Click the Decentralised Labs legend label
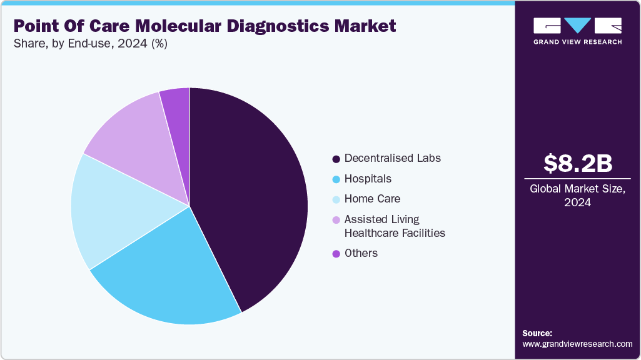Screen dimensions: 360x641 [392, 158]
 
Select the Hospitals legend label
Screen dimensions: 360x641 [368, 179]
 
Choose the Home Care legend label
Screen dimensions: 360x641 [372, 199]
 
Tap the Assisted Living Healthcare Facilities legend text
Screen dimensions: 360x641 [394, 226]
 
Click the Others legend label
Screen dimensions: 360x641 [361, 253]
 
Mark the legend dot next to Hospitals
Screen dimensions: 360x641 [336, 179]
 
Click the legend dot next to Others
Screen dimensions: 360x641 [336, 254]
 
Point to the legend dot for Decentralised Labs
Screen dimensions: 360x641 [336, 159]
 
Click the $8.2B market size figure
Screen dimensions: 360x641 [577, 164]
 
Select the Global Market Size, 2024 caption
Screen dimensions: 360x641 [577, 196]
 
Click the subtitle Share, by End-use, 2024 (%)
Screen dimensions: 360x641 [90, 44]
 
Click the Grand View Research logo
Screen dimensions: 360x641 [577, 31]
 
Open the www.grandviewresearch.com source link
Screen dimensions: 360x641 [577, 344]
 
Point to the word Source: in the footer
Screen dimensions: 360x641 [537, 333]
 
